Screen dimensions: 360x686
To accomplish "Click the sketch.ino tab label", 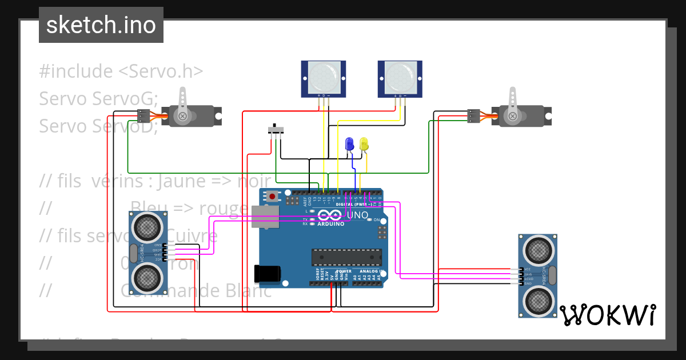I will [101, 25].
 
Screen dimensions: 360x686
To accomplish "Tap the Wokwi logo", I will [607, 315].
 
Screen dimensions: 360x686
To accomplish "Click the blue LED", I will [349, 144].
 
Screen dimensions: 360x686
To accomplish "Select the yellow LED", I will [364, 144].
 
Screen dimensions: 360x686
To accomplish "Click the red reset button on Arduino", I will [272, 197].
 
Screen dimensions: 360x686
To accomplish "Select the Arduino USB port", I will [265, 217].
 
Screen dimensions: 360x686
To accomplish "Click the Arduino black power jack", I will [267, 274].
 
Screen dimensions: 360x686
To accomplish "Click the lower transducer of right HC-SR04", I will [538, 299].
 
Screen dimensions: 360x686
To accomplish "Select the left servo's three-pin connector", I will [143, 117].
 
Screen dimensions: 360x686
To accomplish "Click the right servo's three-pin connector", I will [473, 117].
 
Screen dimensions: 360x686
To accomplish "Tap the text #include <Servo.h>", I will [121, 71].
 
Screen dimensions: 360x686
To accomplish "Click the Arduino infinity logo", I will [329, 216].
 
